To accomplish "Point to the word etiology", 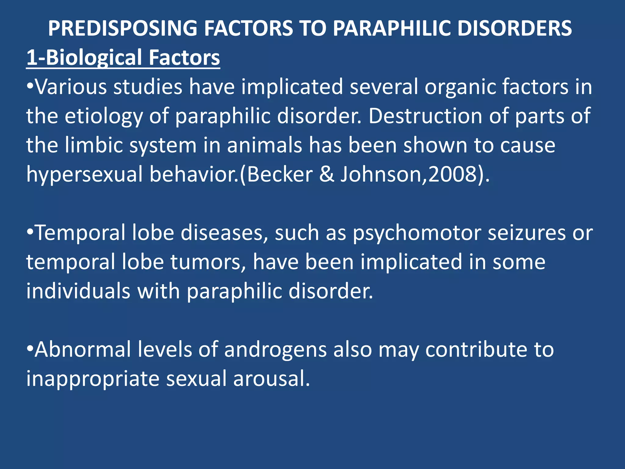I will pos(103,117).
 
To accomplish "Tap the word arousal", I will pos(272,379).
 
